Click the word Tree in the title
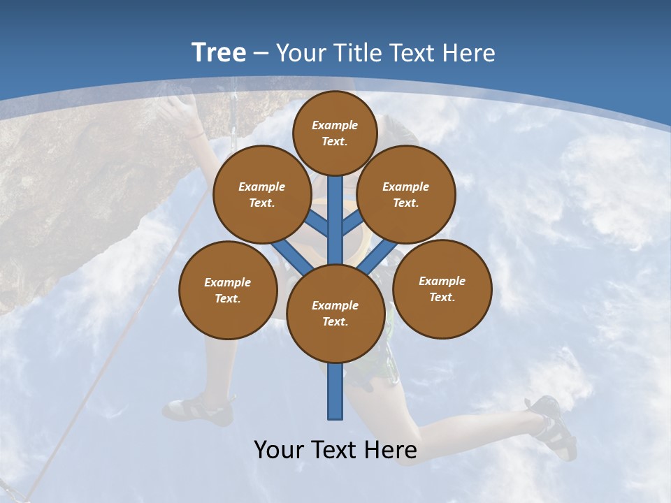[x=219, y=52]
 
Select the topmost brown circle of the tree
[x=335, y=133]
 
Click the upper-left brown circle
[x=262, y=194]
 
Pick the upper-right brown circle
[x=406, y=194]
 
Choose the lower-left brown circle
[x=228, y=290]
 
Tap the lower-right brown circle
[x=442, y=289]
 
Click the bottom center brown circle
[x=335, y=313]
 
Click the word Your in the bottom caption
[x=278, y=449]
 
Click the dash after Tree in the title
[x=261, y=53]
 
